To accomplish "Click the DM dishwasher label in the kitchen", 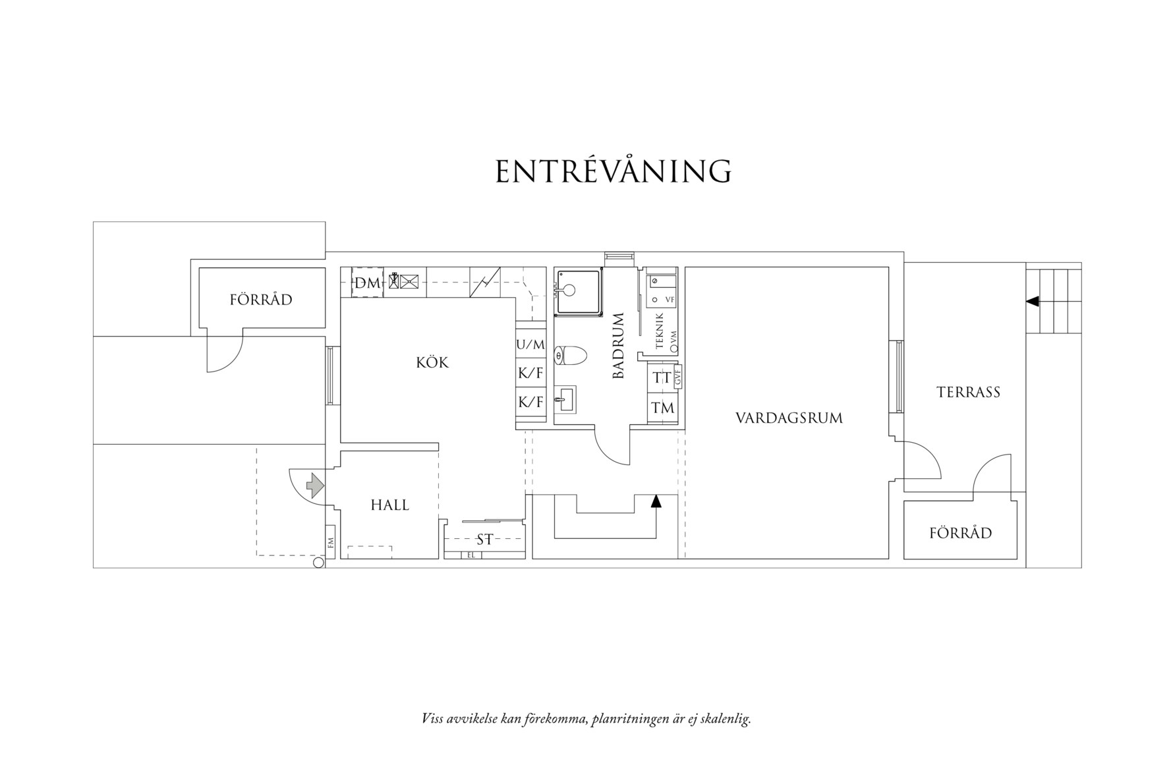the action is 368,283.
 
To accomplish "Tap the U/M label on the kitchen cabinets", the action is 530,345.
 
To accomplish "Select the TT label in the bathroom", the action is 662,378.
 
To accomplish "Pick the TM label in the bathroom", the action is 663,408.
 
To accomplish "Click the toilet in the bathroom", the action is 571,356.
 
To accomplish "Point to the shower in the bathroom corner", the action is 578,291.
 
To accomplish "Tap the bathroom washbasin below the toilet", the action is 565,399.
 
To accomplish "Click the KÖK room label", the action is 432,362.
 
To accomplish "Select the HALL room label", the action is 389,505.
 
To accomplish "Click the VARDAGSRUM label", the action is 789,418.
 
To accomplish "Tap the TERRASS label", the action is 968,392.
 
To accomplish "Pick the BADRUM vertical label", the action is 618,346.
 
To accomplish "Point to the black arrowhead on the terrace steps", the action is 1033,301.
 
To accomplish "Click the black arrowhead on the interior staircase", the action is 656,501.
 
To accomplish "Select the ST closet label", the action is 484,540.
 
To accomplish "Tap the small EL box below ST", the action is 471,555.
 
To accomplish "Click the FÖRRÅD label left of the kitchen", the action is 261,300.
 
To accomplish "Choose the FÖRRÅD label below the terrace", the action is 960,533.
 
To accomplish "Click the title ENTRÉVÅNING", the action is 614,171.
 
